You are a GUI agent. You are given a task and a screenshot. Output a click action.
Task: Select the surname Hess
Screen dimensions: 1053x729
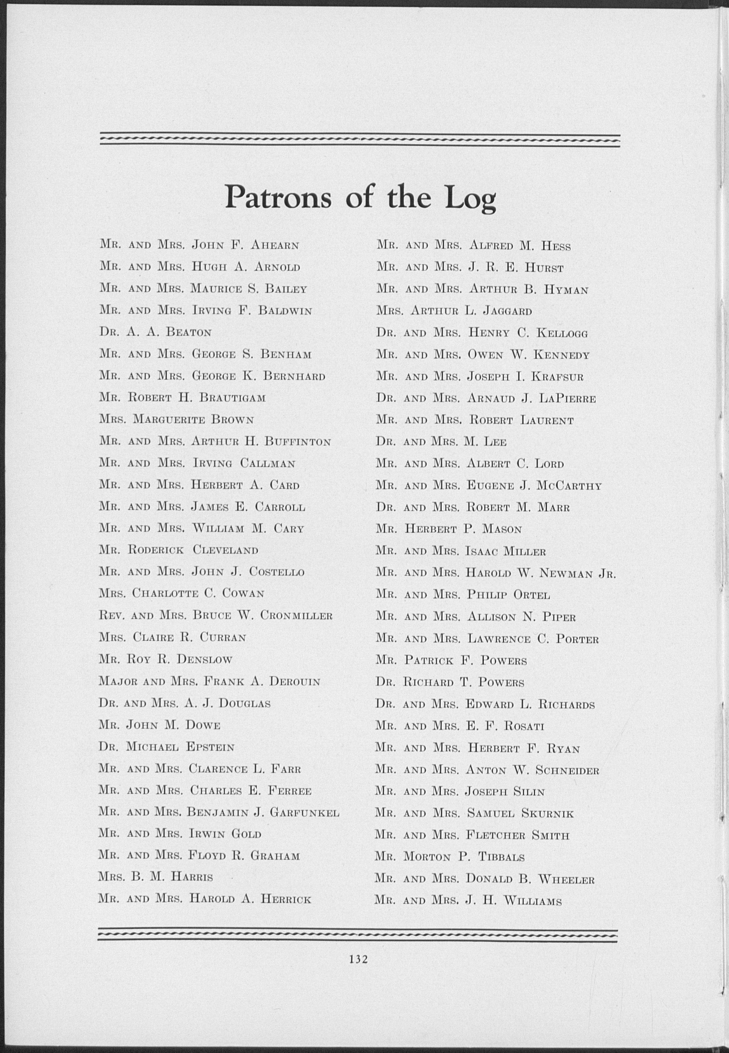(555, 247)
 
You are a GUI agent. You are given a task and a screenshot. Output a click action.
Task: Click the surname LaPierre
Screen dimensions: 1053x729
(567, 399)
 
